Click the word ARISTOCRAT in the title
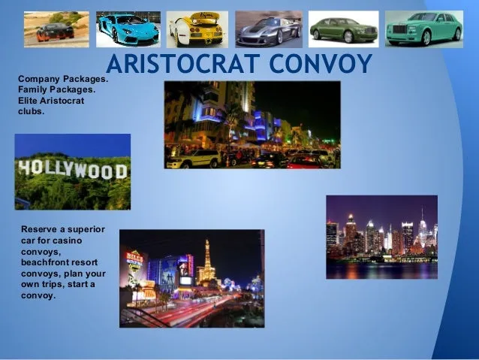click(183, 64)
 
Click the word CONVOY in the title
click(321, 64)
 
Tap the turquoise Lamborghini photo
click(128, 29)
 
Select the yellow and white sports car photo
click(197, 29)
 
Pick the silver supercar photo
click(269, 29)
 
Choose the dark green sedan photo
click(344, 29)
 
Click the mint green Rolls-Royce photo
click(424, 29)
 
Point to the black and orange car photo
click(56, 29)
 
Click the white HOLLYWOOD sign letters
click(73, 170)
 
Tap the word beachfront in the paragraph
click(45, 262)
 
